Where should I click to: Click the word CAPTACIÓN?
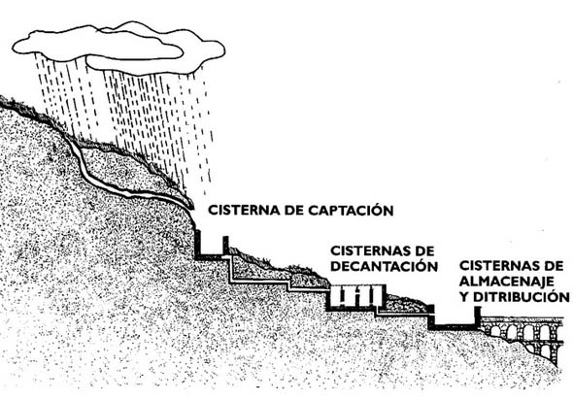[x=351, y=210]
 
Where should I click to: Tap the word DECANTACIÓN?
[x=384, y=266]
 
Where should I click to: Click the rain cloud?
[x=118, y=48]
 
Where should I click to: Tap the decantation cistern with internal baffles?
[x=355, y=298]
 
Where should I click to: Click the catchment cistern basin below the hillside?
[x=211, y=248]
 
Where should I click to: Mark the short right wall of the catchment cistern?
[x=226, y=246]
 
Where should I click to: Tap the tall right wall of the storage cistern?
[x=477, y=317]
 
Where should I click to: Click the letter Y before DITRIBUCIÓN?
[x=464, y=297]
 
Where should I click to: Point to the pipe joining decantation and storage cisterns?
[x=402, y=313]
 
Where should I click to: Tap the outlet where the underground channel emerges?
[x=190, y=207]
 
